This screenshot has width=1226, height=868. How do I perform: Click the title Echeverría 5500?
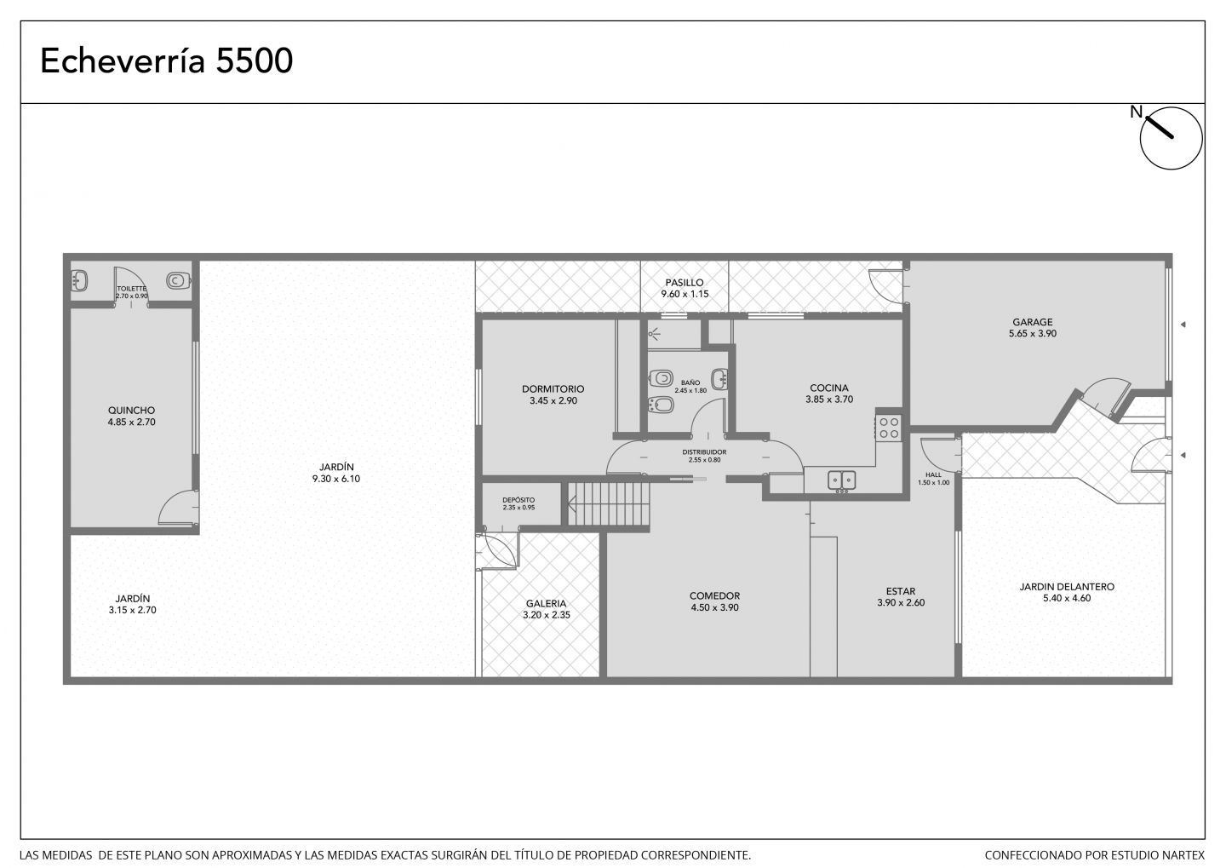[166, 60]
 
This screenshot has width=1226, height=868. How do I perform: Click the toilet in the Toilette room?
[177, 280]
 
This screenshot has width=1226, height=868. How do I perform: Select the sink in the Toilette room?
[79, 281]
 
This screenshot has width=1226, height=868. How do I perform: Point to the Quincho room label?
[131, 411]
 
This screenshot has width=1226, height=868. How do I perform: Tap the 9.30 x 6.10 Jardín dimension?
[336, 479]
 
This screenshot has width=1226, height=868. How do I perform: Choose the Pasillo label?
[685, 283]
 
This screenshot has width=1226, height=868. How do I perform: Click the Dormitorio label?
[553, 388]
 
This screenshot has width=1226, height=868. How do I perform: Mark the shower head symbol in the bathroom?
[654, 333]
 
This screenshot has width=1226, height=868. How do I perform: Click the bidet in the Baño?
[661, 405]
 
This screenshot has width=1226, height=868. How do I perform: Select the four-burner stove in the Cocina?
[888, 428]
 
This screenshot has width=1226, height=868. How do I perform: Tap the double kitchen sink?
[841, 480]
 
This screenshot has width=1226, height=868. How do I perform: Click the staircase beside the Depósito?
[609, 503]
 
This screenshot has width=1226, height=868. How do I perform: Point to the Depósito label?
[518, 500]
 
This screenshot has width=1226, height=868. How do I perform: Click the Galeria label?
[547, 603]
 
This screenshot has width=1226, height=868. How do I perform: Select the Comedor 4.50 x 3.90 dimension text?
[714, 607]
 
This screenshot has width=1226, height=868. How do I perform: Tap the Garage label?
[1032, 322]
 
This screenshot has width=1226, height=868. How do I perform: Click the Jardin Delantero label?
[1067, 587]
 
